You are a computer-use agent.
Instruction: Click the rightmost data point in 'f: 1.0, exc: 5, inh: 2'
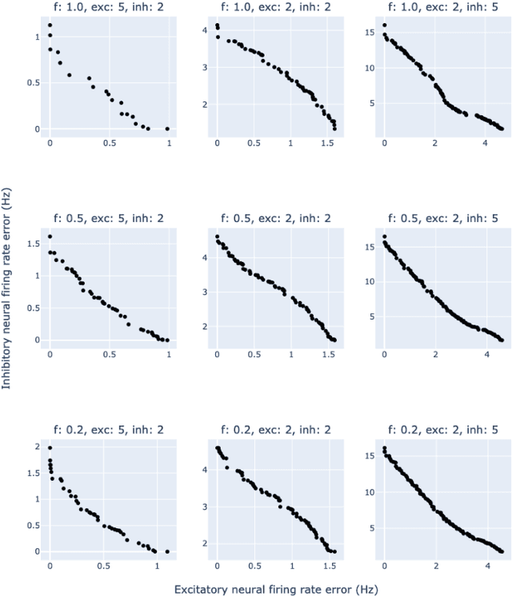[x=167, y=129]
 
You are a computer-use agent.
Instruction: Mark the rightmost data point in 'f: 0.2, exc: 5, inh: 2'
[x=167, y=551]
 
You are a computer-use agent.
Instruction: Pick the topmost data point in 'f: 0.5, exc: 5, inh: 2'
[x=50, y=236]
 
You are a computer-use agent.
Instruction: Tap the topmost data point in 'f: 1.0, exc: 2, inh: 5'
[x=385, y=25]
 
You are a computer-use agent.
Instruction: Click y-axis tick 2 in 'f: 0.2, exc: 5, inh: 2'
[x=37, y=447]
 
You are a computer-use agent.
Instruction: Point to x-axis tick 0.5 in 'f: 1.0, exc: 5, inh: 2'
[x=109, y=143]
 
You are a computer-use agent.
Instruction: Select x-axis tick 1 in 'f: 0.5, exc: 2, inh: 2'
[x=291, y=354]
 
